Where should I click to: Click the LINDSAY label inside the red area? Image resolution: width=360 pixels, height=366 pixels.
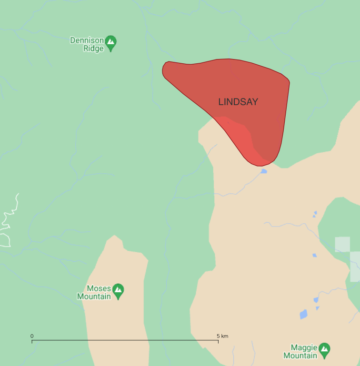pos(238,102)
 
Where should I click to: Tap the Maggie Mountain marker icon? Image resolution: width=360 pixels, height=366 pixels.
pos(324,350)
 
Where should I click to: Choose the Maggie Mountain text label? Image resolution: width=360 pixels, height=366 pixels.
pos(300,352)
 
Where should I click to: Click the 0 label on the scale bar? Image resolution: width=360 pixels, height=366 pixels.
pos(32,336)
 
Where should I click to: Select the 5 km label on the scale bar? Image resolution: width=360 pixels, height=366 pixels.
pos(222,336)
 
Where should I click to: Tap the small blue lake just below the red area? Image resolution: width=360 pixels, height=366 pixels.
pos(263,171)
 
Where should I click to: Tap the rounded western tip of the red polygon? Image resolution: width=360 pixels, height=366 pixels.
pos(166,70)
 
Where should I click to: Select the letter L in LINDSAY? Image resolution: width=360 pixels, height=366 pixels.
pos(221,102)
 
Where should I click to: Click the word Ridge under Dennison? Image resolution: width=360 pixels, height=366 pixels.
pos(94,48)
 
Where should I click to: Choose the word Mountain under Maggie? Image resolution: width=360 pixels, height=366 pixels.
pos(300,356)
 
